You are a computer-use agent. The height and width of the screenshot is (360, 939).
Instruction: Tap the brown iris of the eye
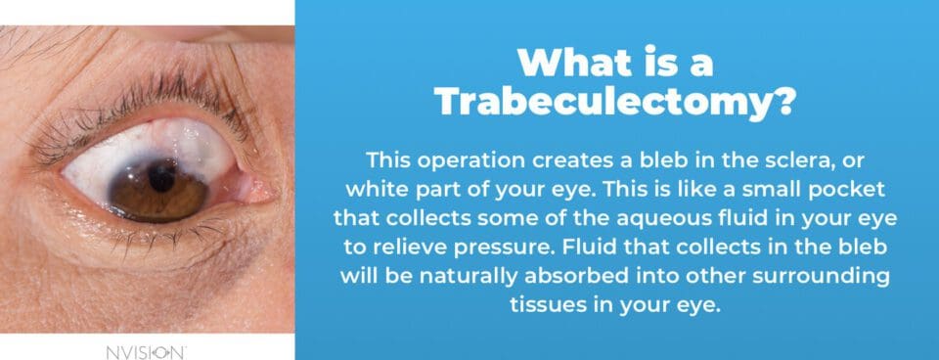[x=137, y=191]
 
